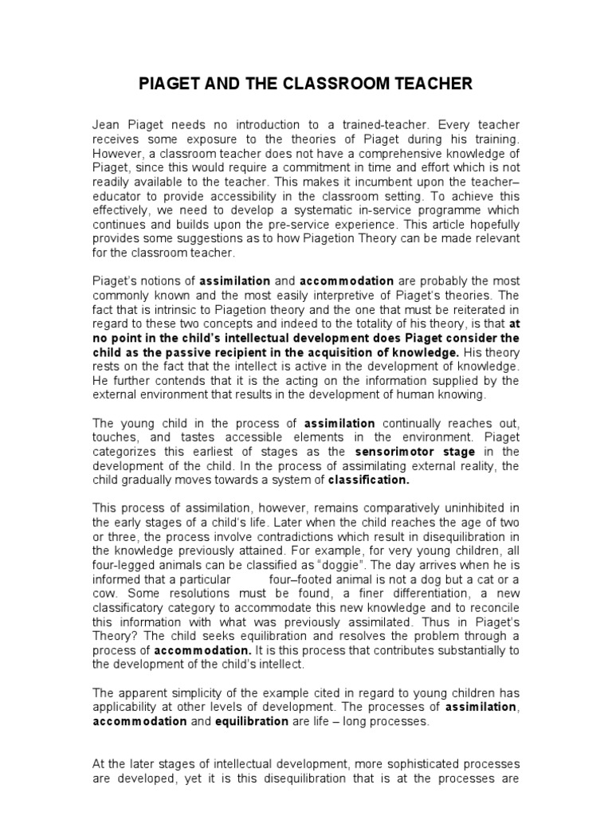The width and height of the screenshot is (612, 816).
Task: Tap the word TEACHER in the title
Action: pyautogui.click(x=434, y=83)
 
